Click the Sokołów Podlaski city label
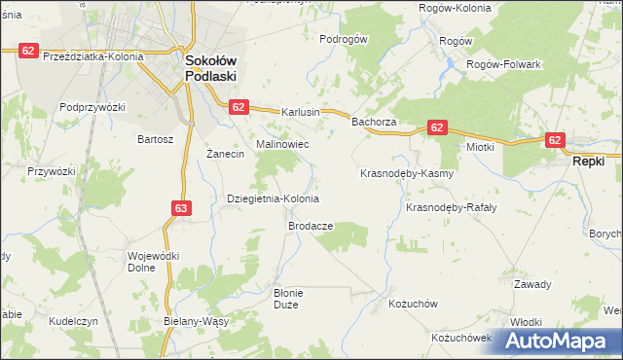[215, 69]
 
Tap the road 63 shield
[181, 207]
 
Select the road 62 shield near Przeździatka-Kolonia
[27, 50]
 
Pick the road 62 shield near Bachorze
[436, 127]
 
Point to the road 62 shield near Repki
[555, 140]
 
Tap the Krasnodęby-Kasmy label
[407, 174]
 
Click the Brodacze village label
[311, 225]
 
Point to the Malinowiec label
[282, 144]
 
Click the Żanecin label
[226, 155]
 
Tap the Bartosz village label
[156, 139]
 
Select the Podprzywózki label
[93, 106]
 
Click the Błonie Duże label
[289, 298]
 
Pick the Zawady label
[532, 284]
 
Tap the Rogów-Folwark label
[503, 64]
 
